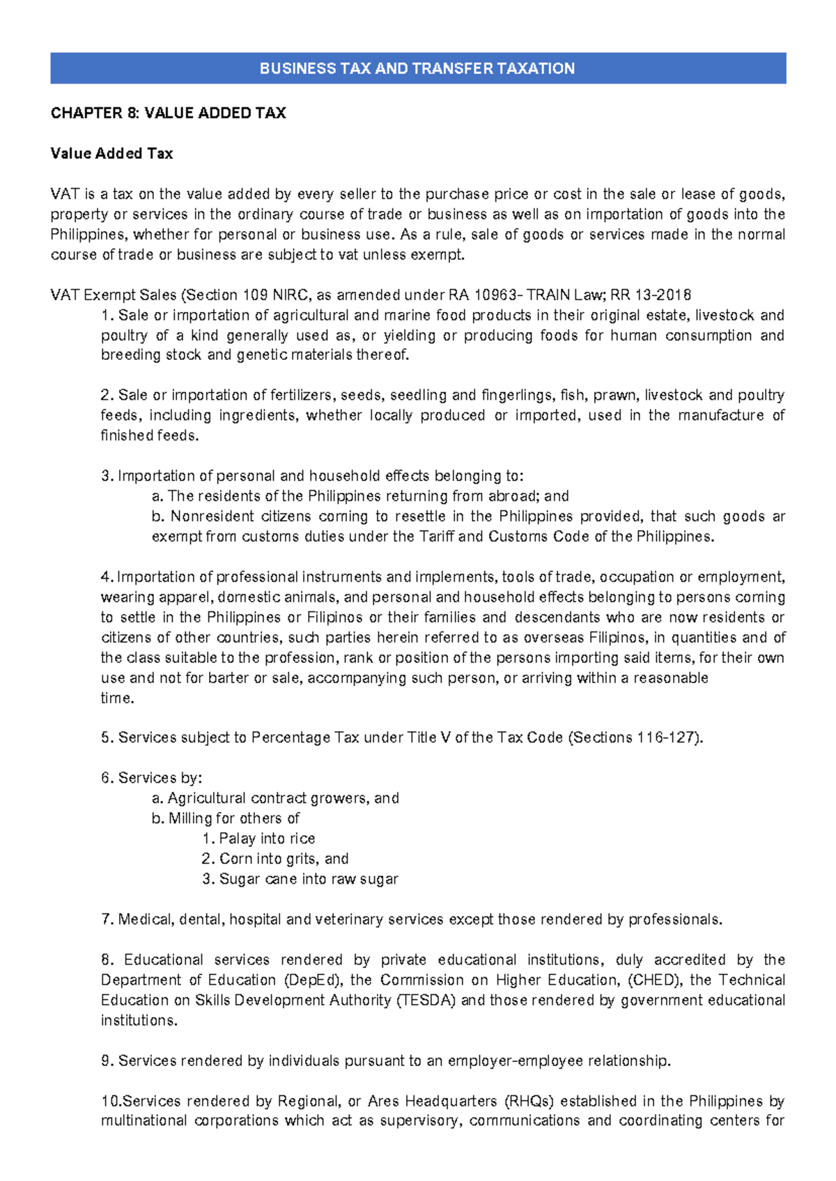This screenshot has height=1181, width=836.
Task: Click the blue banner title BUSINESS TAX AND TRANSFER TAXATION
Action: tap(417, 68)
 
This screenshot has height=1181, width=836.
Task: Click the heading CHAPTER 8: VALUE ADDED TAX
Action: tap(168, 113)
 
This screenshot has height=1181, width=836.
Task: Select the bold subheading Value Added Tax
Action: tap(111, 153)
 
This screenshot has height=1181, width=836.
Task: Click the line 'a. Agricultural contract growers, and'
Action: tap(275, 798)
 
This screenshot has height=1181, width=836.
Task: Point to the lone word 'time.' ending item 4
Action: tap(117, 698)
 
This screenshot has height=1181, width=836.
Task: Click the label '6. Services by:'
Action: tap(151, 778)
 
